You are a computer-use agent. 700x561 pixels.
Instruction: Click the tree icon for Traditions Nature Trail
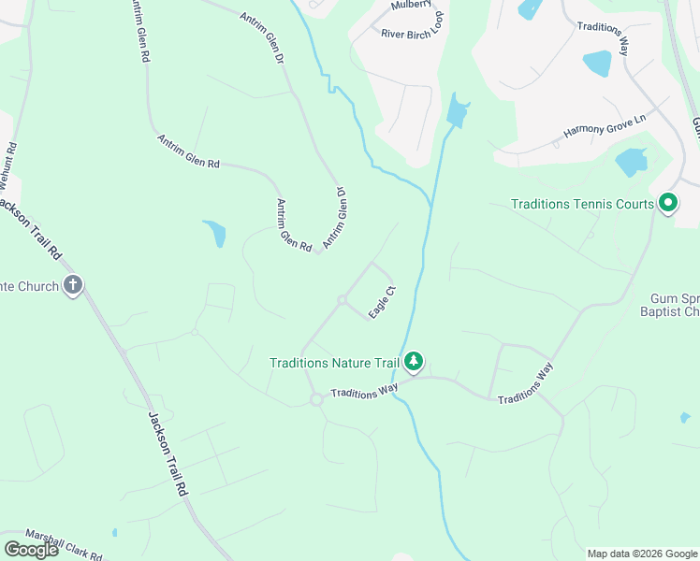coord(414,362)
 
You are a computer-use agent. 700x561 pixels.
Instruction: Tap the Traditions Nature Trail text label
coord(333,363)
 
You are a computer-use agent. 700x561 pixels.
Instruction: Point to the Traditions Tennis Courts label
coord(581,203)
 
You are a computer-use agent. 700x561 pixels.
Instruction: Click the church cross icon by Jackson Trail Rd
coord(74,286)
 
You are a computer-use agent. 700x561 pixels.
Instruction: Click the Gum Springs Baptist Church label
coord(675,304)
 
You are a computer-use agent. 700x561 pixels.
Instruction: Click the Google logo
coord(30,549)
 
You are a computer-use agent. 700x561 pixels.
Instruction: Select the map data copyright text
coord(642,554)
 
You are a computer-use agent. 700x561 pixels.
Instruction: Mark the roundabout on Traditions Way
coord(316,399)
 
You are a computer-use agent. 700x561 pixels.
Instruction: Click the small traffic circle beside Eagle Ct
coord(343,300)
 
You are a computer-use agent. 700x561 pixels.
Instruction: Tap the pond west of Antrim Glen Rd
coord(215,233)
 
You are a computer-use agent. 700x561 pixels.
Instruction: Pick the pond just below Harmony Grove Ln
coord(632,162)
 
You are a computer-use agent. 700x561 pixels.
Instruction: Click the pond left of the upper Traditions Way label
coord(597,64)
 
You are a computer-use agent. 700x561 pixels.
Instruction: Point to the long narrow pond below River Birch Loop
coord(457,111)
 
